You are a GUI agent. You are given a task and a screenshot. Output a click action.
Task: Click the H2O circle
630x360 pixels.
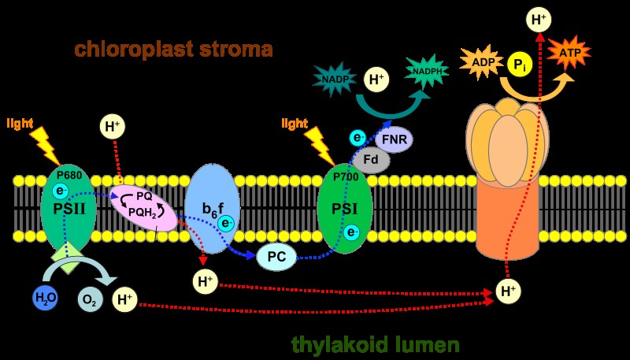point(46,298)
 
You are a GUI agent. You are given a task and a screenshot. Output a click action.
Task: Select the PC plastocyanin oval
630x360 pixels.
point(277,256)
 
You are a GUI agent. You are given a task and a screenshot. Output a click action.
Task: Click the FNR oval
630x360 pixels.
point(395,140)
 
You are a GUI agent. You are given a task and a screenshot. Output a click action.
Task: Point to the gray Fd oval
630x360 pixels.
point(371,159)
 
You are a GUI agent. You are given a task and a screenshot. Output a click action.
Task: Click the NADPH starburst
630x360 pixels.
point(427,72)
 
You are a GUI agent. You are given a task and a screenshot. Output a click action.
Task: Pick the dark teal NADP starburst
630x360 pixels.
point(334,79)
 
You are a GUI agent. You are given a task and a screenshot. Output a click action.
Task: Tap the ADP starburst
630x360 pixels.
point(482,61)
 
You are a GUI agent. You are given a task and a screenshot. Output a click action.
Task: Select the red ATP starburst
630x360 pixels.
point(569,52)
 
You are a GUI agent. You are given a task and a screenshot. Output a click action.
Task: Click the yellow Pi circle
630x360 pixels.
point(520,65)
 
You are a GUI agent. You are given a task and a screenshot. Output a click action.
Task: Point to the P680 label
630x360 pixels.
point(69,175)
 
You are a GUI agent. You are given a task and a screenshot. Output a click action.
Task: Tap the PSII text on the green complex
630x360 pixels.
point(69,210)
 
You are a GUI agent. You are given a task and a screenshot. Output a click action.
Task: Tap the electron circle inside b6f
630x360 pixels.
point(225,223)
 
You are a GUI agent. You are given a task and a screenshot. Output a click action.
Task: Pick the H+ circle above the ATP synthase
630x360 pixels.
point(539,20)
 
